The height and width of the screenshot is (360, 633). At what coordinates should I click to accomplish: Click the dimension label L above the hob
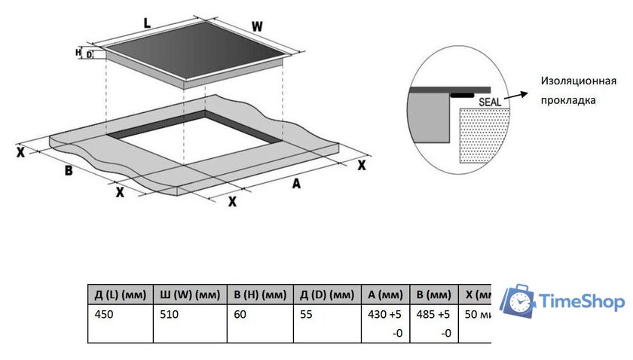pyautogui.click(x=148, y=23)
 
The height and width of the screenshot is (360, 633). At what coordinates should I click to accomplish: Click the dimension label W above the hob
pyautogui.click(x=258, y=26)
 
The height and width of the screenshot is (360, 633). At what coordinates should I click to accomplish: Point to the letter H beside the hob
pyautogui.click(x=78, y=52)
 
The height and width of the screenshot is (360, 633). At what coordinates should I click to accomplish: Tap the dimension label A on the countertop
pyautogui.click(x=296, y=185)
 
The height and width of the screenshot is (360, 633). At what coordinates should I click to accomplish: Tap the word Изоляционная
pyautogui.click(x=578, y=81)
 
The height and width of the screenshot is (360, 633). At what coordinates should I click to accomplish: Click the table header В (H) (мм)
pyautogui.click(x=258, y=294)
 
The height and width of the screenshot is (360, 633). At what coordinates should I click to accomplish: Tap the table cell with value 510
pyautogui.click(x=170, y=314)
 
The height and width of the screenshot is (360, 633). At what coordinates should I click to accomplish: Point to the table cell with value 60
pyautogui.click(x=240, y=314)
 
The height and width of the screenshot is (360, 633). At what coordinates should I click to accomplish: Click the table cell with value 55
pyautogui.click(x=305, y=314)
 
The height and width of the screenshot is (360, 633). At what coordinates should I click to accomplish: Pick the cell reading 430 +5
pyautogui.click(x=381, y=314)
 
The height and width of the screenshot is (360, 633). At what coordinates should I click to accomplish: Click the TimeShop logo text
pyautogui.click(x=582, y=302)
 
